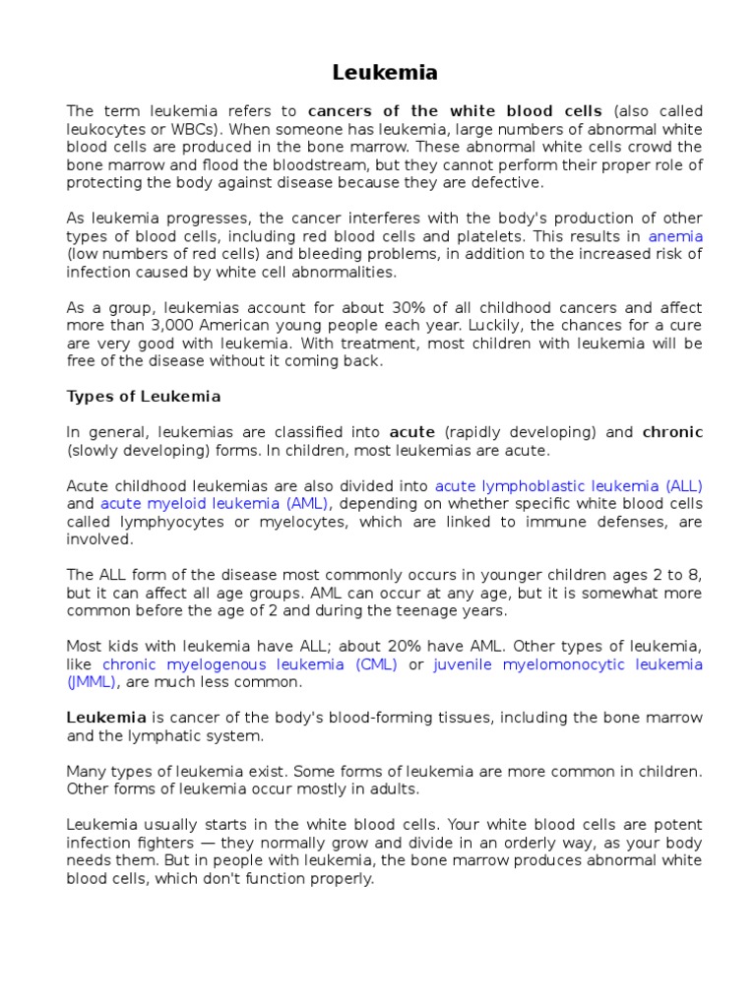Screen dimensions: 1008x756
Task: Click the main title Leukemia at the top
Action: pyautogui.click(x=385, y=73)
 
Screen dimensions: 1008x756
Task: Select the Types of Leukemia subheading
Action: pyautogui.click(x=144, y=396)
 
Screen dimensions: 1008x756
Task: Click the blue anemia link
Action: pyautogui.click(x=675, y=236)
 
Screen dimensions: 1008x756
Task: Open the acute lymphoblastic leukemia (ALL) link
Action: pyautogui.click(x=568, y=485)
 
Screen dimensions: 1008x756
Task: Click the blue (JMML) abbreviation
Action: pyautogui.click(x=92, y=681)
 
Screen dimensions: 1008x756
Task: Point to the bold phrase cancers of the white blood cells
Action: pyautogui.click(x=455, y=111)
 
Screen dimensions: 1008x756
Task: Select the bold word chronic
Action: pyautogui.click(x=672, y=432)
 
